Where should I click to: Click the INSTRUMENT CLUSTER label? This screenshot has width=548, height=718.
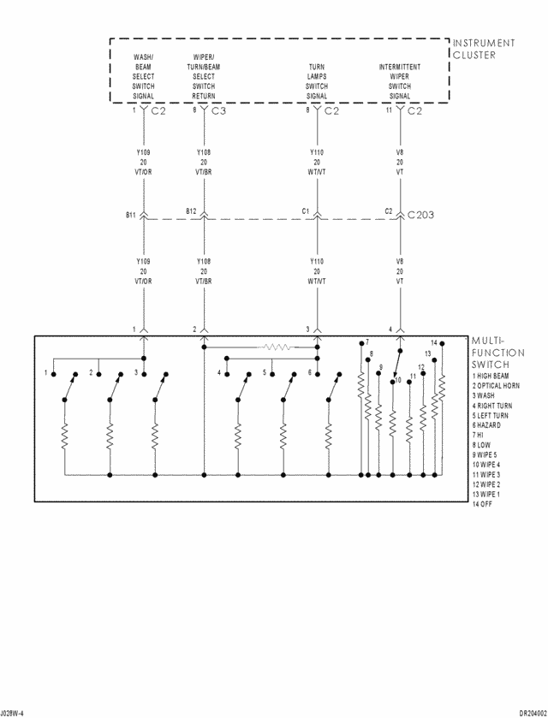click(484, 49)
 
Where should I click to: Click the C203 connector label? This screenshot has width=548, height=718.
click(421, 215)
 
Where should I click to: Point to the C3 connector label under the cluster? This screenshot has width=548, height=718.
click(218, 111)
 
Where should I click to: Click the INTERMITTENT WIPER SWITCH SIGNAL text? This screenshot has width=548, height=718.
click(400, 81)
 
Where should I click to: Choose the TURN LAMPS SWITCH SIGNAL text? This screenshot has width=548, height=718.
click(317, 81)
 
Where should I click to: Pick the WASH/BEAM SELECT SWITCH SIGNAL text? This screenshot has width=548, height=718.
click(143, 76)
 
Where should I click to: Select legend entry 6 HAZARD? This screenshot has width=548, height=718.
click(490, 425)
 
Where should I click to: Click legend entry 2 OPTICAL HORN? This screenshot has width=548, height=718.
click(496, 386)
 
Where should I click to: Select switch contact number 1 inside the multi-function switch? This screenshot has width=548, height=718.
click(46, 372)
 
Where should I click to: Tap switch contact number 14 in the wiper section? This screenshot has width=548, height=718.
click(433, 342)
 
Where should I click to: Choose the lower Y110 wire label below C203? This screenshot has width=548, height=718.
click(316, 262)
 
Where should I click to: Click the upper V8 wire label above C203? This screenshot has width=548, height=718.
click(399, 152)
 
